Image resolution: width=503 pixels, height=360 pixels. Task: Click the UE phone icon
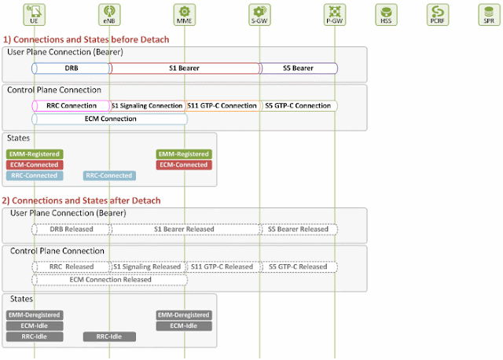tap(35, 13)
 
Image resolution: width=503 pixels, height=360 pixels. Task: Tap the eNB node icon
tap(109, 13)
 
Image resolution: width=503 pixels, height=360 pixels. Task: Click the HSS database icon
tap(386, 13)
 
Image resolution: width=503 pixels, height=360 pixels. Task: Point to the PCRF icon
tap(438, 13)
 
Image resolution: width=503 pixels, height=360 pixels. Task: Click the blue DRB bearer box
tap(71, 68)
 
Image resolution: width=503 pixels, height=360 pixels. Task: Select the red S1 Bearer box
tap(185, 68)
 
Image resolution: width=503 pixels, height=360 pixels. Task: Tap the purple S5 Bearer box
tap(299, 68)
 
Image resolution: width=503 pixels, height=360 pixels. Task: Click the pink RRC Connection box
tap(71, 105)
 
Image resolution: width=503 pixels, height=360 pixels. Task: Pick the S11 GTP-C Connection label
tap(222, 105)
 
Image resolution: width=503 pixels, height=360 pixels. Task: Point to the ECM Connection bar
tap(109, 119)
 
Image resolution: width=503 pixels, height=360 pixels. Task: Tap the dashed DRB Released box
tap(71, 229)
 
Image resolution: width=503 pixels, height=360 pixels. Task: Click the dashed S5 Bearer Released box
tap(299, 229)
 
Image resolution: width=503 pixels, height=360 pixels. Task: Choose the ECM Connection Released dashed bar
tap(109, 279)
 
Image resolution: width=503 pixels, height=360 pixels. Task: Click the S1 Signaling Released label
tap(147, 266)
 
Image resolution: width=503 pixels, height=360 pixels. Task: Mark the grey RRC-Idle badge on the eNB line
tap(109, 336)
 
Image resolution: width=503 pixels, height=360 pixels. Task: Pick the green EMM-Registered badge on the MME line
tap(184, 154)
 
